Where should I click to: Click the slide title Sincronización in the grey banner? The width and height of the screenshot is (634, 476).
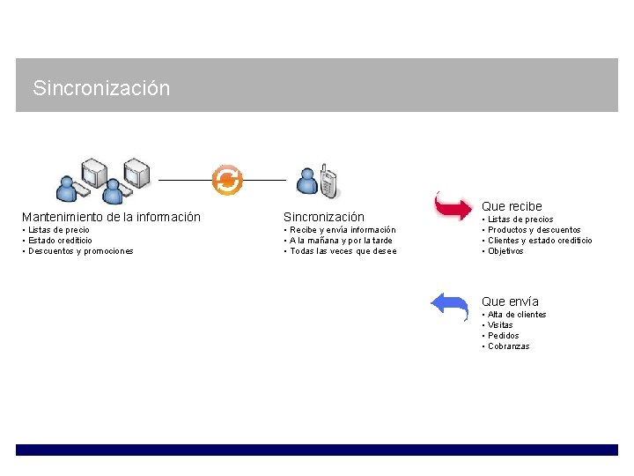point(100,88)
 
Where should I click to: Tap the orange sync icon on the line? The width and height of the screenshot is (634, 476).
point(227,180)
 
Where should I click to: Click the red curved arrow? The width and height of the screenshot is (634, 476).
point(453,206)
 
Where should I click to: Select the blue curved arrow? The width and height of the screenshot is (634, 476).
point(450,306)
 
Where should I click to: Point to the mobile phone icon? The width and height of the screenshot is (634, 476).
point(328,182)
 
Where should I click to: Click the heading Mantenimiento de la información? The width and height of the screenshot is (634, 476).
point(111,217)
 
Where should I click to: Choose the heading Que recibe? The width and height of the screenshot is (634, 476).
point(512,206)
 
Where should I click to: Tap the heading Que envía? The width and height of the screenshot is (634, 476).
point(510,301)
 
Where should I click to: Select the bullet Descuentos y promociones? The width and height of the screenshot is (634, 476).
point(80,251)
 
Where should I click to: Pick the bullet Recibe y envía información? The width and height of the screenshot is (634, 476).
point(343,230)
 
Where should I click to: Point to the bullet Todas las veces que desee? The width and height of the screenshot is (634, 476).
point(343,251)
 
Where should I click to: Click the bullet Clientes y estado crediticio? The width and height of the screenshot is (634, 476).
point(540,241)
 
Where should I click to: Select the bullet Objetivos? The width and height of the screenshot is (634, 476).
point(505,251)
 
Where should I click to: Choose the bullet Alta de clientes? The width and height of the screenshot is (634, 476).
point(517,315)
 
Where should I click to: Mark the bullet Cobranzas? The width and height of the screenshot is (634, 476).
point(509,346)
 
